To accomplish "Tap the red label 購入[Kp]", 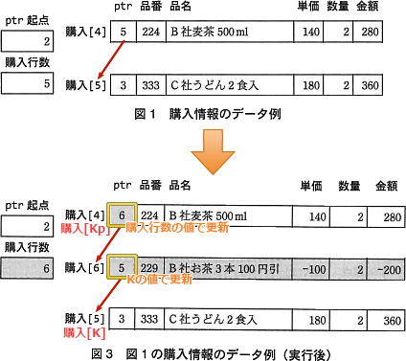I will pyautogui.click(x=81, y=231).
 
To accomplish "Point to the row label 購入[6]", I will pyautogui.click(x=83, y=269).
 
